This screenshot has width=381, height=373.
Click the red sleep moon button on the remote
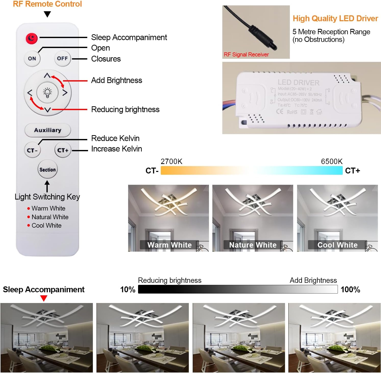(32, 39)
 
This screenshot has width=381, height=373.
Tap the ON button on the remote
(32, 59)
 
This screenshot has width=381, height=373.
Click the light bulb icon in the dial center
(47, 92)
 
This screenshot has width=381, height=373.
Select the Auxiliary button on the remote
(48, 130)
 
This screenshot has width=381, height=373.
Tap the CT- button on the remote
(32, 150)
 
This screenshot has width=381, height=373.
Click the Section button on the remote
(47, 170)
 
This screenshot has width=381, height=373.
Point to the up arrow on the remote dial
(47, 76)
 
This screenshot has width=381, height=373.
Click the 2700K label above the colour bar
(171, 161)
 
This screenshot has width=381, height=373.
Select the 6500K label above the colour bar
(331, 161)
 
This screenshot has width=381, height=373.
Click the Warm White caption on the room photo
(169, 245)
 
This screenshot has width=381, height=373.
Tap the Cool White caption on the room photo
(337, 245)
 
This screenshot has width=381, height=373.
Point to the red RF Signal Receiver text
(246, 54)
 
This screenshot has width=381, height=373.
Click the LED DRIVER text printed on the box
(298, 83)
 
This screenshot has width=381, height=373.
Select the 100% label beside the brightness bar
(350, 289)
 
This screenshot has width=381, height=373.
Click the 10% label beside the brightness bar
(128, 289)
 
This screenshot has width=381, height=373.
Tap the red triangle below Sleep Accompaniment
(44, 298)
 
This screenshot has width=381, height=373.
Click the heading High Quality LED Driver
(335, 18)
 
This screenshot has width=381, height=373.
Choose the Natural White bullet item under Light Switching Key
(50, 217)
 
